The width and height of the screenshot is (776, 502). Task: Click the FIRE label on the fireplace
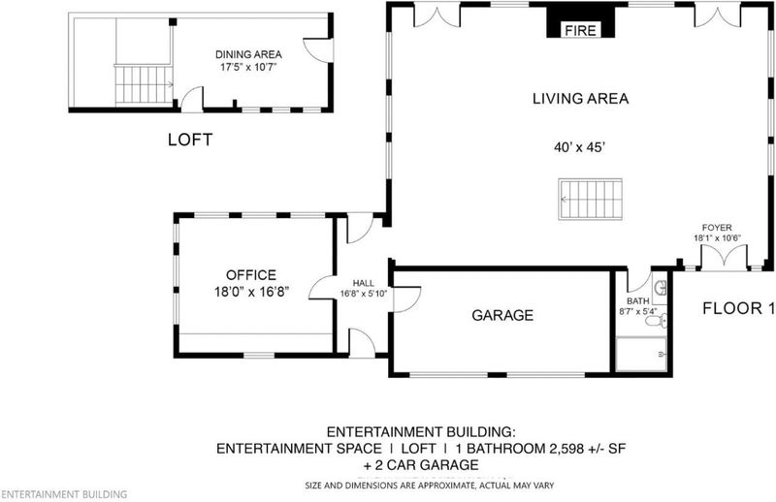point(580,31)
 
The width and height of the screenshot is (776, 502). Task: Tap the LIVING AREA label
point(580,99)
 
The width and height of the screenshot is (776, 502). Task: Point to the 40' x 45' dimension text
point(579,147)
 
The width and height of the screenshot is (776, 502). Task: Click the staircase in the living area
point(591,199)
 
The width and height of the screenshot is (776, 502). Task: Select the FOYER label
point(717,228)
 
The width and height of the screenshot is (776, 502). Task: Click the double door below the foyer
point(724,258)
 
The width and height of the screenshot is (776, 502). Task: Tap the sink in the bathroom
point(661,288)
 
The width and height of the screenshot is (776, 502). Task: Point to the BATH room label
point(638,300)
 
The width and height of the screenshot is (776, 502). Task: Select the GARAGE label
point(502,315)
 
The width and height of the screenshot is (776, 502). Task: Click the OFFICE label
point(251,275)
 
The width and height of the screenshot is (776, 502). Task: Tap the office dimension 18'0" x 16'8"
point(251,292)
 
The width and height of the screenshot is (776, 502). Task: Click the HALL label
point(363,283)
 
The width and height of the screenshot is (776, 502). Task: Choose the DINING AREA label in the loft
point(248,54)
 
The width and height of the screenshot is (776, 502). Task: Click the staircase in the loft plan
point(144,84)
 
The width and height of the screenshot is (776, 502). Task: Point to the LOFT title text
point(190,140)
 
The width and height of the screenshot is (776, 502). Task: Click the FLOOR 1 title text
point(738,308)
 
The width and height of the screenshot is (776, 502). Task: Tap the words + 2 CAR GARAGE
point(421,465)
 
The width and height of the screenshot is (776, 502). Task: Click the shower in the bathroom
point(642,354)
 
